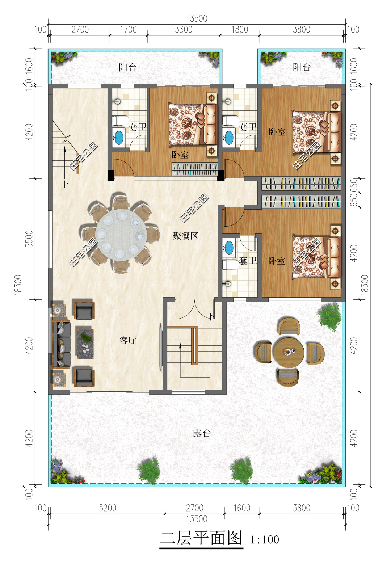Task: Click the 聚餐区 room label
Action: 186,236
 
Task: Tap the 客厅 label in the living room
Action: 128,341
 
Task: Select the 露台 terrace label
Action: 202,433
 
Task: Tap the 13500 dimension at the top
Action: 197,18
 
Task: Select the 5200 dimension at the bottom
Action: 108,508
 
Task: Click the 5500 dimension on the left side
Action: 29,239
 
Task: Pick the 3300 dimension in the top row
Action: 184,30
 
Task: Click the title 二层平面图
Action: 201,538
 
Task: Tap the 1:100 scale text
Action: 265,540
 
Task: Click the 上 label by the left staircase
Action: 65,185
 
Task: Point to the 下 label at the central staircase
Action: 212,316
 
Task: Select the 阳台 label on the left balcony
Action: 127,67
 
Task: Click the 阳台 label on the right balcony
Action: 302,67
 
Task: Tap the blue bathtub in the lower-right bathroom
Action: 229,248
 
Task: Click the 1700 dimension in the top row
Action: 129,30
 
